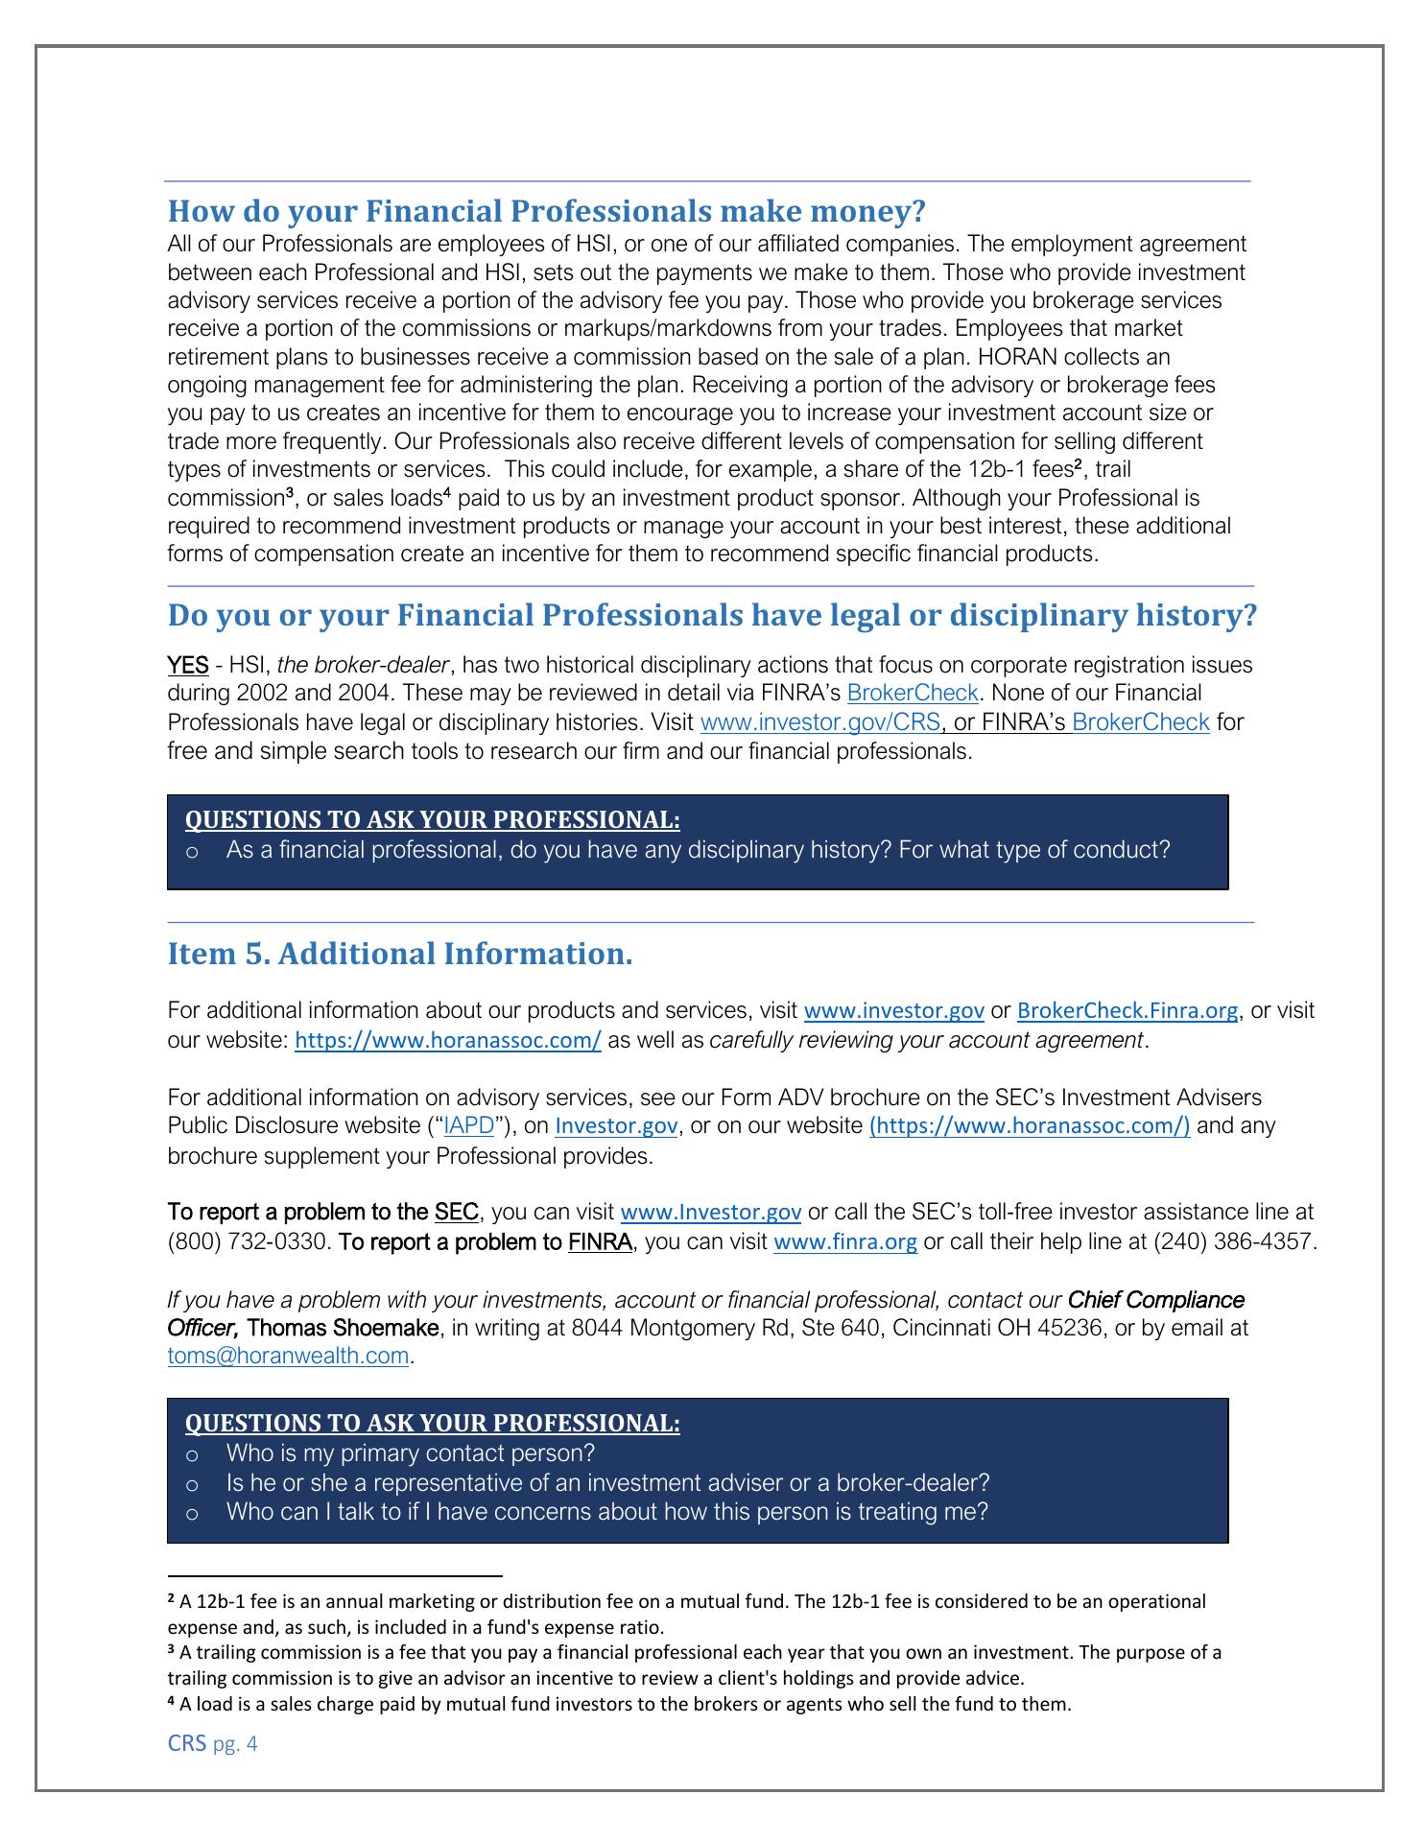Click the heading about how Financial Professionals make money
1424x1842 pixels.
(546, 211)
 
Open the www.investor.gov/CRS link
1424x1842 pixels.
(820, 722)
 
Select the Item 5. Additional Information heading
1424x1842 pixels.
(400, 954)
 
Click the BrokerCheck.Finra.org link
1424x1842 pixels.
(1127, 1011)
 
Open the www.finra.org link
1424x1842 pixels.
(844, 1242)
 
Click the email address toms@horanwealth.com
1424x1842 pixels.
(288, 1357)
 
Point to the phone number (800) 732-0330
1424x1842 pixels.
(249, 1242)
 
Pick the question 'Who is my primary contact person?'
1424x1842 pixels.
(411, 1453)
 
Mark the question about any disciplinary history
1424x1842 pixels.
(698, 850)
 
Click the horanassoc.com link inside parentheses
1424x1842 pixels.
(1029, 1126)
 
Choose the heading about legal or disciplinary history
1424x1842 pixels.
(711, 615)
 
